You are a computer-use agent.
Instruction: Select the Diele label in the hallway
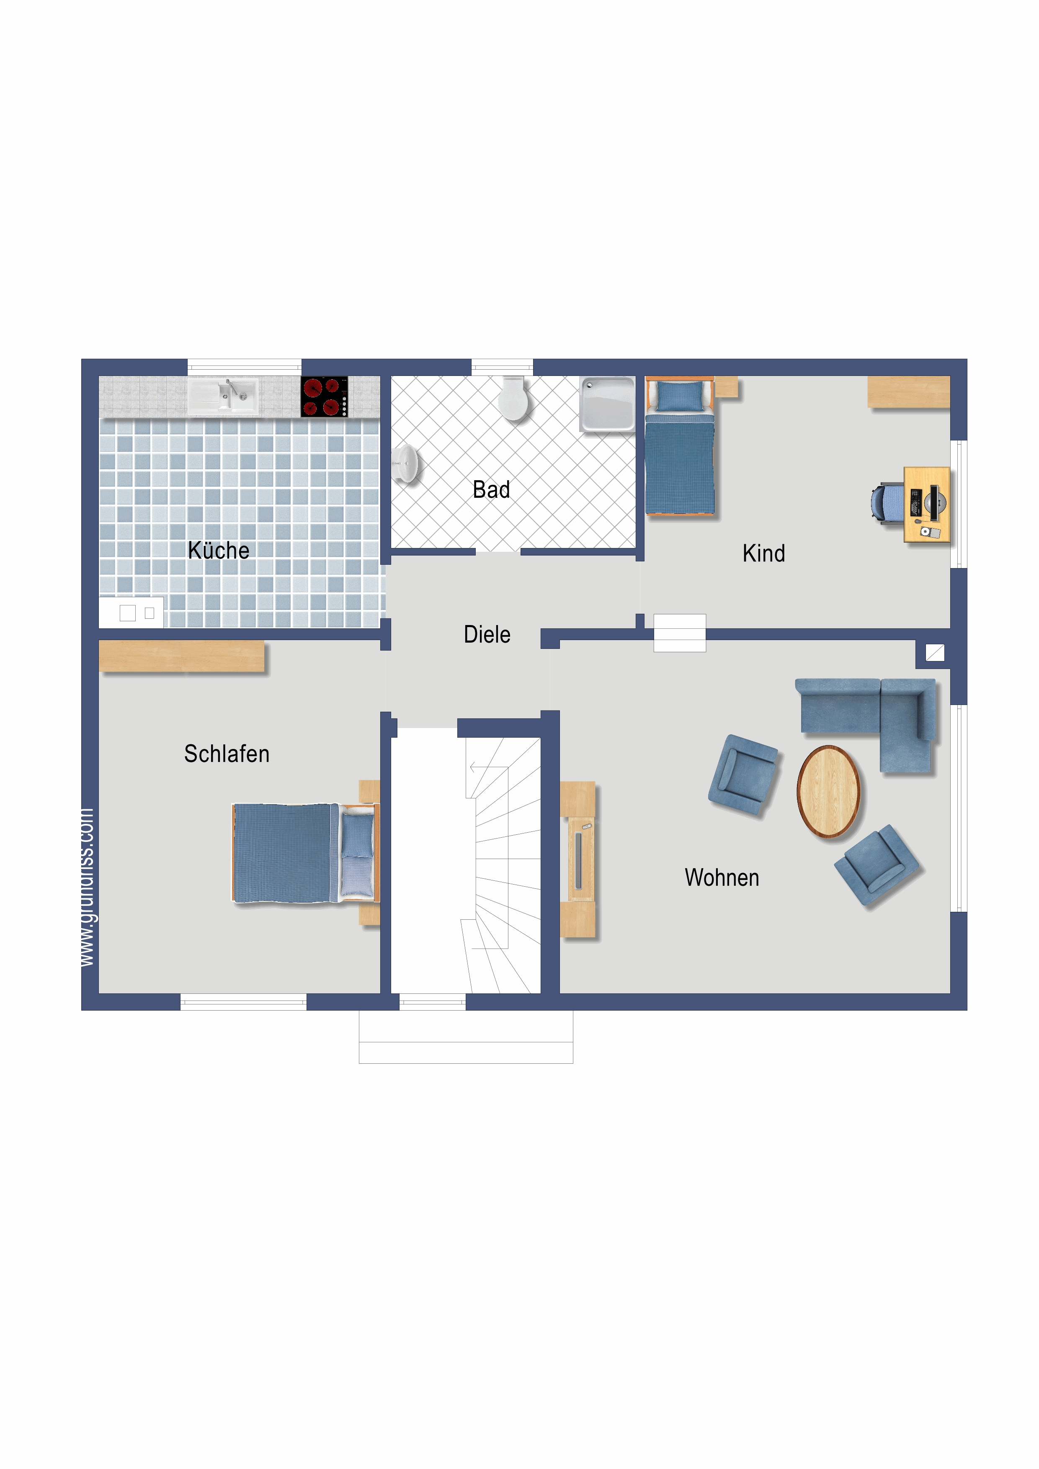(487, 634)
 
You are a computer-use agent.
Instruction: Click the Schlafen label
(227, 754)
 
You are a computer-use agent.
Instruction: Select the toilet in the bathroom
(514, 399)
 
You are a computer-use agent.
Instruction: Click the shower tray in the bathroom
(607, 404)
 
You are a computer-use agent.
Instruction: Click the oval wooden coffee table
(828, 792)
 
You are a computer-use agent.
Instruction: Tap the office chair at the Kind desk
(887, 504)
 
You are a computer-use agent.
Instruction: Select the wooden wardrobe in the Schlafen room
(182, 656)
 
